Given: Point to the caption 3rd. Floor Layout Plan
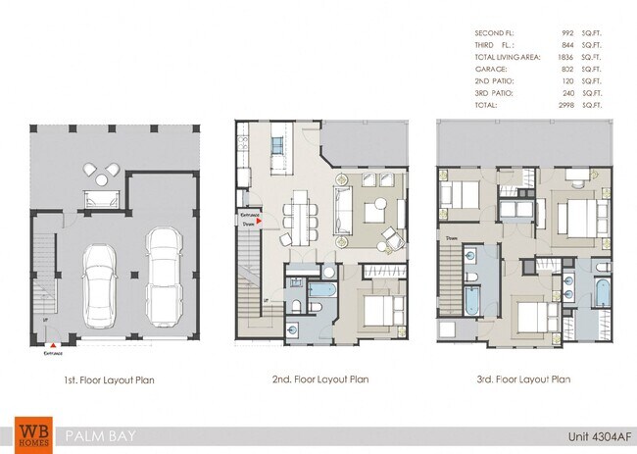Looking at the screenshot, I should click(x=521, y=379).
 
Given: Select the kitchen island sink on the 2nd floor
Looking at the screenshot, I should click(x=276, y=146).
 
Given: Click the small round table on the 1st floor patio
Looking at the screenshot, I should click(x=102, y=180).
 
